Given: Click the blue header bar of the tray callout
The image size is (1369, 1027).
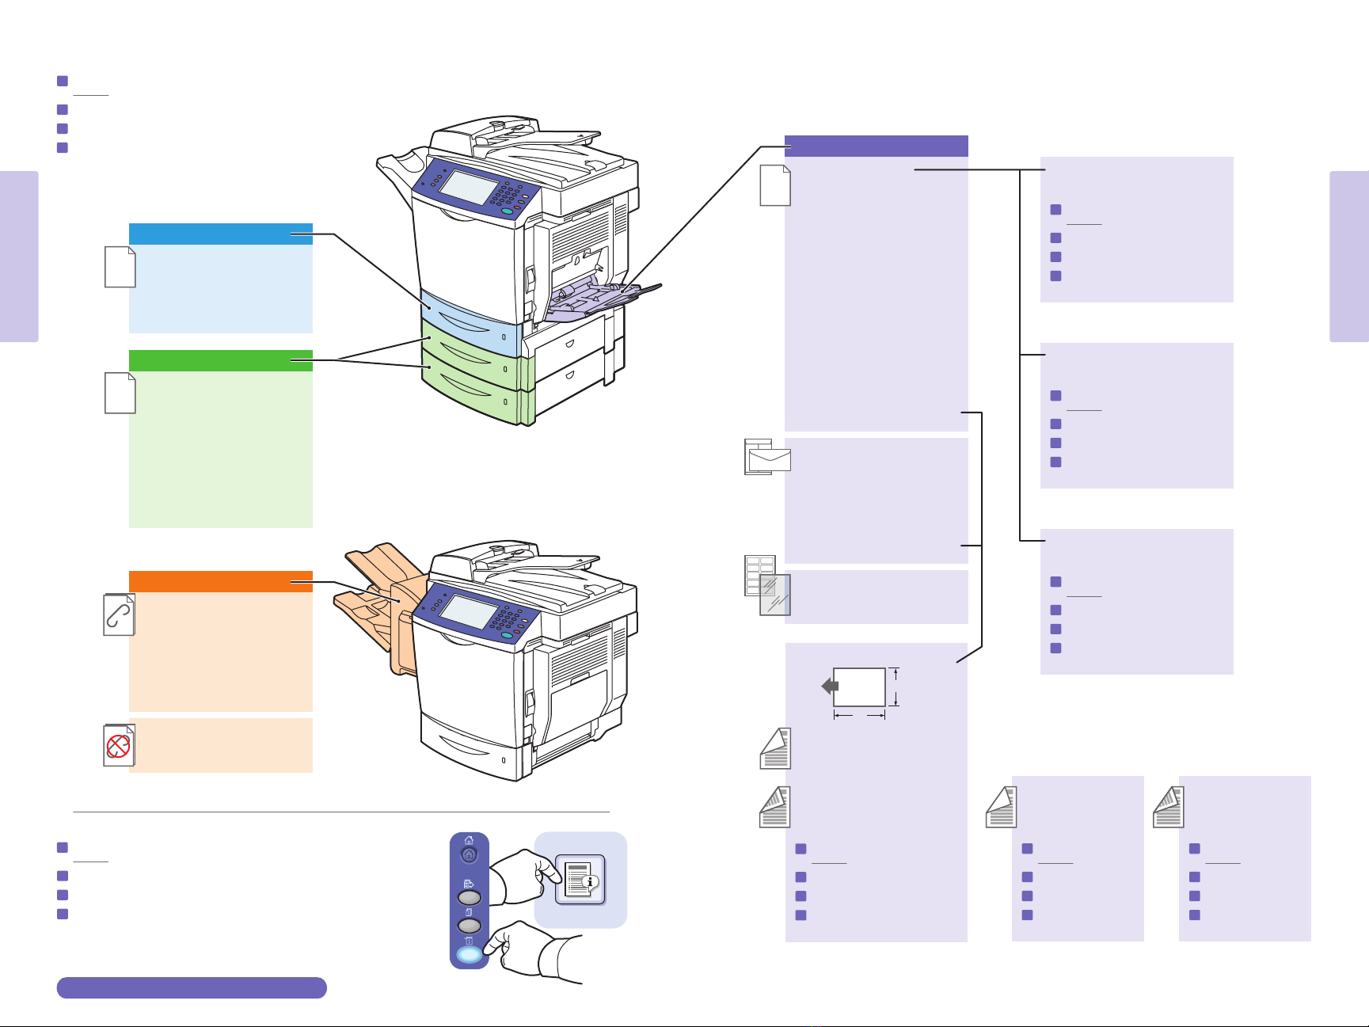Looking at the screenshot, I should point(220,234).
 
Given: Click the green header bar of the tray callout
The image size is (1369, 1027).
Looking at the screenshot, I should point(220,360).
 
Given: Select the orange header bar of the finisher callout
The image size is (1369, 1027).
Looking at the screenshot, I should point(220,581).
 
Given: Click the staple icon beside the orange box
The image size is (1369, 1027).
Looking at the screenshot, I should point(120,614).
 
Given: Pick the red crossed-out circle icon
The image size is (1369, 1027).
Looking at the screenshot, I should point(119,745).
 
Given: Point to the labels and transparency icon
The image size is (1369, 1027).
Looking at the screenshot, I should point(767,586).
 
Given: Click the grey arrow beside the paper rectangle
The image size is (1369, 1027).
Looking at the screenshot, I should point(830,686).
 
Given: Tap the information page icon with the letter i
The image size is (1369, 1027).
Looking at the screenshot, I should point(580,879).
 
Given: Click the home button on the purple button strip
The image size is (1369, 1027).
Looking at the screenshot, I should point(469,854).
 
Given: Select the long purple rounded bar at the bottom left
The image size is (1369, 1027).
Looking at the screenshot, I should point(192,987).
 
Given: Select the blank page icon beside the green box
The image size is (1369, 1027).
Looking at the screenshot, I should point(120,393).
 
